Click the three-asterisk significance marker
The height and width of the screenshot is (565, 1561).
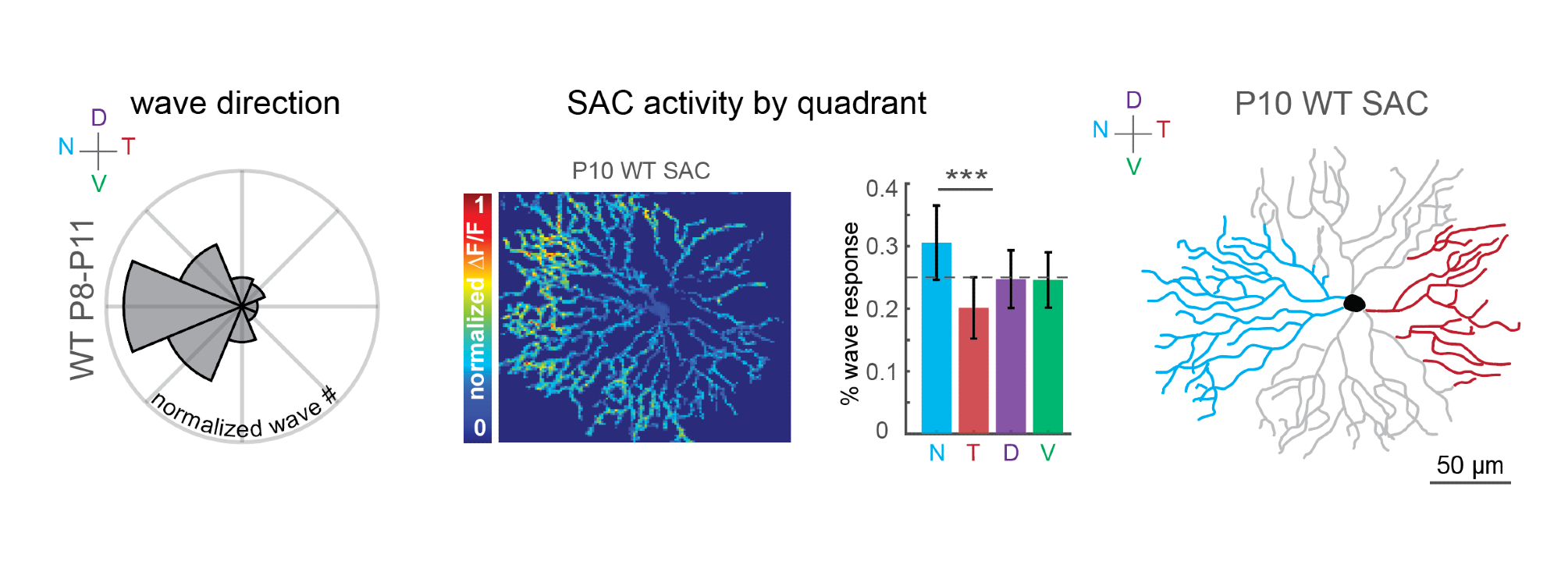pos(966,176)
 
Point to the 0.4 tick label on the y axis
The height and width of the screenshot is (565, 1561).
pos(881,188)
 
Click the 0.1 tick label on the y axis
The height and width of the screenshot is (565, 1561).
pos(881,371)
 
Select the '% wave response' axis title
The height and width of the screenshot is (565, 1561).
pos(850,313)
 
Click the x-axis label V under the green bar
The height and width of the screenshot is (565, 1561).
pos(1047,453)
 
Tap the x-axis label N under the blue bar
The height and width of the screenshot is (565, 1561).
pos(937,453)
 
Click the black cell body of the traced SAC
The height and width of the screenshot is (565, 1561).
pos(1354,303)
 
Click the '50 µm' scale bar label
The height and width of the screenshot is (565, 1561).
pos(1470,465)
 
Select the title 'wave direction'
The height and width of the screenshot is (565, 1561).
pos(235,103)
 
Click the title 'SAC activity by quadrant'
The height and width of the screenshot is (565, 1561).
pos(746,103)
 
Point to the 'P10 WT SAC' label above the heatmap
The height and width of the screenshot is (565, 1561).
pos(641,171)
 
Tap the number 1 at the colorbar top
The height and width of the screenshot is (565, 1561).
pos(479,205)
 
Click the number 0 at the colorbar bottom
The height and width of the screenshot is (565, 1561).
pos(479,428)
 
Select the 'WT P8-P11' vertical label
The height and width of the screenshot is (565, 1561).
pos(82,300)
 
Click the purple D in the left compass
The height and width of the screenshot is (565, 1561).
pos(98,118)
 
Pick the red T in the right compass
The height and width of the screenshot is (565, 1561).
pos(1163,130)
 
